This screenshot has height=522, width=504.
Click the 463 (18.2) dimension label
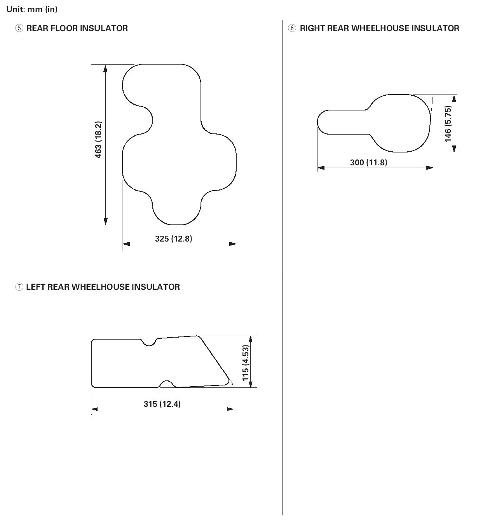(99, 140)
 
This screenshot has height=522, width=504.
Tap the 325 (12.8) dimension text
(174, 238)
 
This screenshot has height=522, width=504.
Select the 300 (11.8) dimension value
(368, 162)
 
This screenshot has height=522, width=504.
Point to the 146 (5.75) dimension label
(448, 124)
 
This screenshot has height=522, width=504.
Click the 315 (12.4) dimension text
(162, 404)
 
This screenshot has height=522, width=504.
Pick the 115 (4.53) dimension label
(246, 363)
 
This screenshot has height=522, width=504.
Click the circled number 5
(19, 28)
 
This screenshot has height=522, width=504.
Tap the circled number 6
(292, 28)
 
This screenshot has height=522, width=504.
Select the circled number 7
(19, 287)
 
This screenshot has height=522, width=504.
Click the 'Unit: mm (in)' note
(32, 9)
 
